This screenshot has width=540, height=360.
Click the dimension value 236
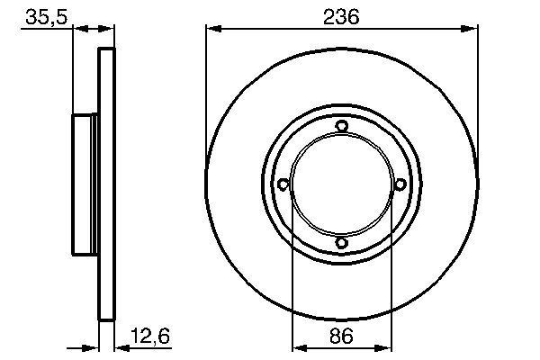(x=341, y=16)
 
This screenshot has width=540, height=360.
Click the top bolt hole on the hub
(x=341, y=127)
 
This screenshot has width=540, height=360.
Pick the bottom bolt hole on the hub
(x=341, y=243)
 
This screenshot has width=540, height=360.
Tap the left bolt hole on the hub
(x=283, y=184)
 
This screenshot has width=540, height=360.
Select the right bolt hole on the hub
(x=399, y=184)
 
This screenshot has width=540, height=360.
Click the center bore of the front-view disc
(x=341, y=184)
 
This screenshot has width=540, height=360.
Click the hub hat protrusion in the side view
(x=85, y=184)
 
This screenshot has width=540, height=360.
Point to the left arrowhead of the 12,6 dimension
(x=93, y=346)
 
